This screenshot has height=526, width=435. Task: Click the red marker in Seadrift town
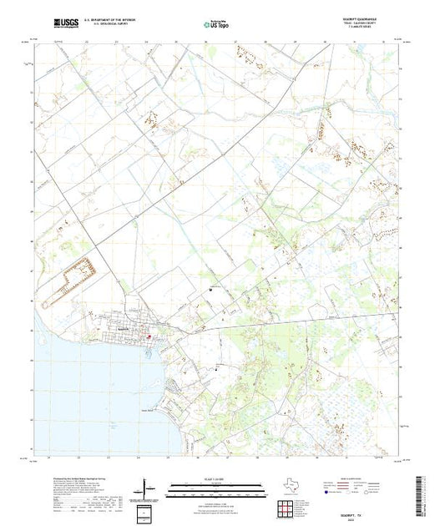(149, 337)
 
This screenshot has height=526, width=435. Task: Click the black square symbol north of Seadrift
(210, 290)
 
